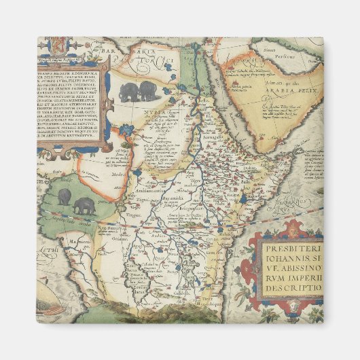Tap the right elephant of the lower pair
coord(86,204)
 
